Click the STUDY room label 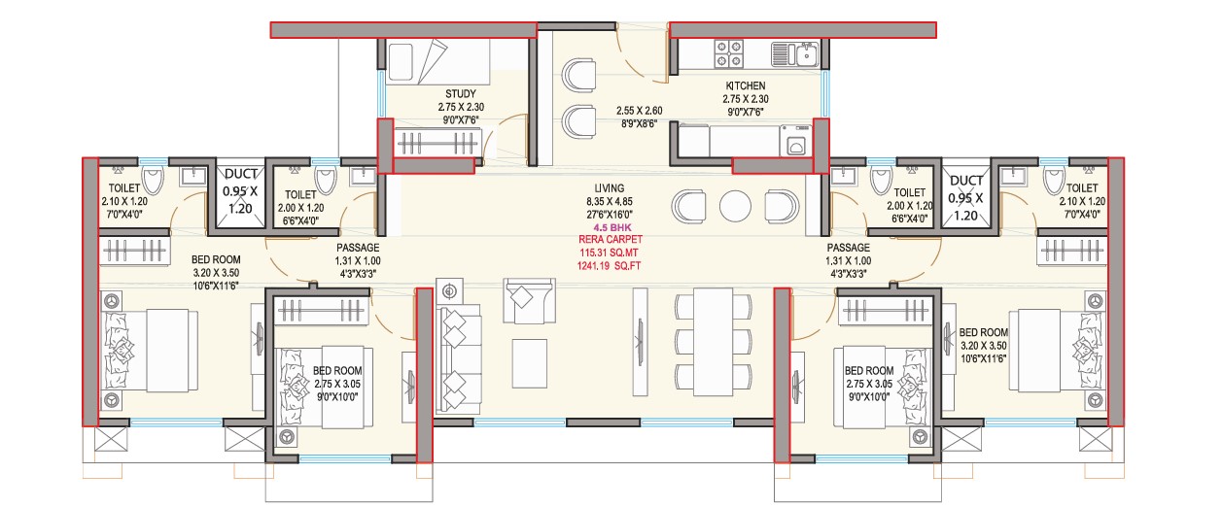[460, 94]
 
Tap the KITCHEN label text [746, 85]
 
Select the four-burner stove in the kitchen [729, 53]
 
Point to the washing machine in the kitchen [795, 142]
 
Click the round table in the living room [735, 206]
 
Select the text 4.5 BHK [610, 227]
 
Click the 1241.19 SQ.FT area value [609, 266]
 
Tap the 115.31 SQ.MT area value [609, 253]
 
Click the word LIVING [610, 187]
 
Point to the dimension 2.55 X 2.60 [640, 111]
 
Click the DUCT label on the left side [241, 174]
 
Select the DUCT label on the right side [965, 181]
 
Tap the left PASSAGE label [358, 248]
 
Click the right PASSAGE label [848, 248]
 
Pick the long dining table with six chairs [713, 342]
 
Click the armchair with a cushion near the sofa [529, 301]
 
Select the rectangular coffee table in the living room [530, 363]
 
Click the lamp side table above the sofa [449, 292]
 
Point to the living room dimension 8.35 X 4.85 [610, 201]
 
